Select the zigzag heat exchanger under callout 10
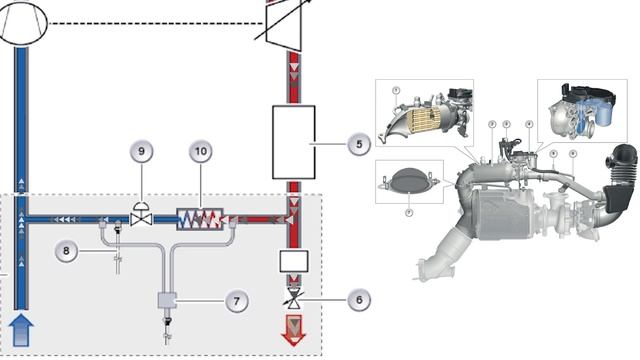tap(202, 216)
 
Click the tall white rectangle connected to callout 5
tap(294, 142)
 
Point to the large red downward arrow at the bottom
tap(294, 329)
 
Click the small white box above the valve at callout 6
tap(294, 264)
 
